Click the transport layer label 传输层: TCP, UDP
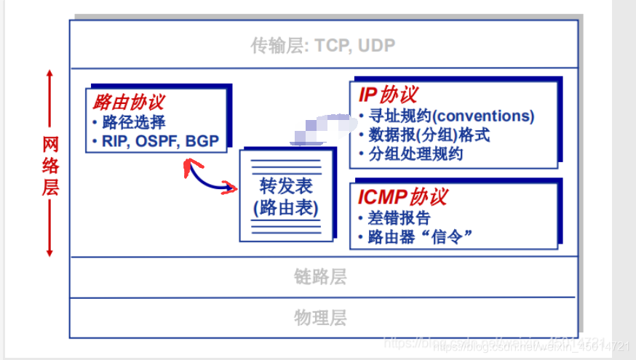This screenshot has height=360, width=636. [322, 46]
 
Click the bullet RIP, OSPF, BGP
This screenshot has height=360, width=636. [160, 141]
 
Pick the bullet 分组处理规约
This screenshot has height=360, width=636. [416, 154]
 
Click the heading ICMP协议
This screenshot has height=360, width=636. [402, 196]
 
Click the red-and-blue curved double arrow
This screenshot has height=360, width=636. [211, 177]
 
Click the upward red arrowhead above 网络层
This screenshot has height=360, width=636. [49, 74]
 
